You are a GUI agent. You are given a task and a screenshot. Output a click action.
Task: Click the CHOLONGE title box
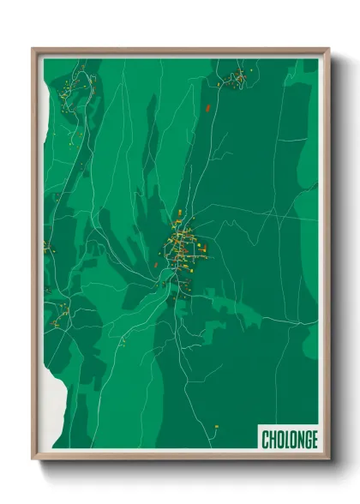click(289, 440)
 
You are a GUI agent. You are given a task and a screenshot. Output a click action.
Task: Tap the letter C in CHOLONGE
click(266, 440)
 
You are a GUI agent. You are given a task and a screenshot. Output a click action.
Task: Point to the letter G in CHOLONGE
click(306, 440)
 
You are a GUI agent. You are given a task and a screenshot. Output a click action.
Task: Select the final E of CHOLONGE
click(314, 440)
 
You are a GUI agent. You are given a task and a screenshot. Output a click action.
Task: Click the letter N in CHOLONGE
click(298, 440)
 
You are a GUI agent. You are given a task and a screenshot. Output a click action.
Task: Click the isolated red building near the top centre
click(208, 107)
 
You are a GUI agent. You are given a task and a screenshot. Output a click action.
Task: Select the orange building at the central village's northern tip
click(177, 212)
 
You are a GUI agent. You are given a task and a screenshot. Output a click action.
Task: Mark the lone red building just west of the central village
click(155, 265)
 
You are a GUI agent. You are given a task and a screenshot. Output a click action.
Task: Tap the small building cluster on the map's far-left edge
click(48, 249)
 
